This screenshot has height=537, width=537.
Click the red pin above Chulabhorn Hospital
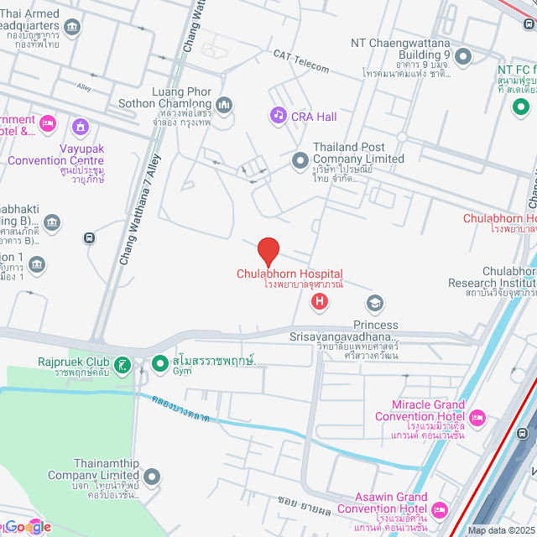coord(268,251)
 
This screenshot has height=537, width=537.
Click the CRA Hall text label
coord(314,116)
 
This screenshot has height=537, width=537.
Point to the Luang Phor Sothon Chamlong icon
coord(223,105)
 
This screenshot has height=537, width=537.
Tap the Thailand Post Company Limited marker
coord(300,159)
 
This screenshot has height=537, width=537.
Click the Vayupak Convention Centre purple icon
coord(81,128)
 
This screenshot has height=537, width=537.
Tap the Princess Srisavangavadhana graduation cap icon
coord(375,303)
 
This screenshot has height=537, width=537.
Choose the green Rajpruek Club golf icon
coord(123,364)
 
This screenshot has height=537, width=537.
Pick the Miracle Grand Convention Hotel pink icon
coord(477,417)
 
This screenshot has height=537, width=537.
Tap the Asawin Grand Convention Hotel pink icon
coord(439,509)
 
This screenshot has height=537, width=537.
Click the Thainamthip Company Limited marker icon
coord(151,477)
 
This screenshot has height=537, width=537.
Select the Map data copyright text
coord(500,530)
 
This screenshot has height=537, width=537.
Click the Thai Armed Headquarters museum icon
coord(72,26)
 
